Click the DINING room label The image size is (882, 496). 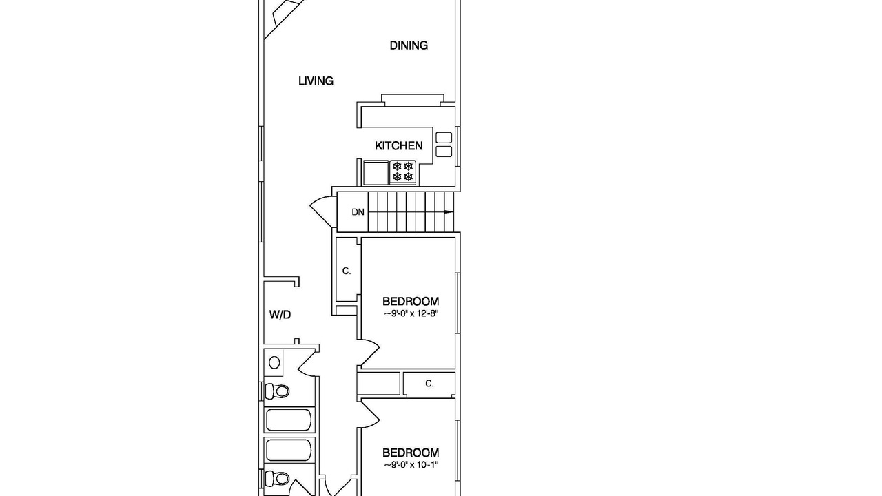409,45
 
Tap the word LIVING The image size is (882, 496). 316,81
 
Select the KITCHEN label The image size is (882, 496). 399,146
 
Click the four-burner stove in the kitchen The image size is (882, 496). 403,172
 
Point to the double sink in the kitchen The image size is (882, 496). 444,145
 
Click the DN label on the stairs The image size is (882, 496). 358,213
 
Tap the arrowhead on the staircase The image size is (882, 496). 449,212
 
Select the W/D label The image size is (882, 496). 280,315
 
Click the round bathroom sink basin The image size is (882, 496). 274,362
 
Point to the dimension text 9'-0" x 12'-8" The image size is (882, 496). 411,314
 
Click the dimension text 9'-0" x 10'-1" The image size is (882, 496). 411,465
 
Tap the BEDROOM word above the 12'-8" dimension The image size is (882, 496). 411,302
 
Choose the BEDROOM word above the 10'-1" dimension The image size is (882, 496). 411,453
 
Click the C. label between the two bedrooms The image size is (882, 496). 429,384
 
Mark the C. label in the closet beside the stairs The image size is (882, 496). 347,271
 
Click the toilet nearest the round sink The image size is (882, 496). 277,391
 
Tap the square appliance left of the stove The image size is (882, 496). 376,173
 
